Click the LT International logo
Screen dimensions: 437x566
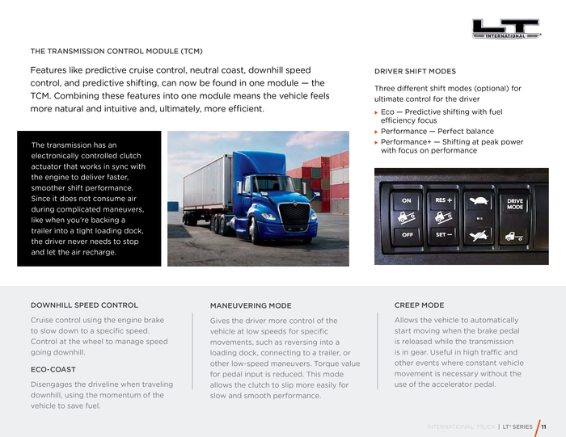(506, 29)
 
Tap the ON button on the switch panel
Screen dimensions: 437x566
(407, 201)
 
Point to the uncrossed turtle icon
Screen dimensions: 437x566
(479, 201)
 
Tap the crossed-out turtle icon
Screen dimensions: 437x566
(479, 235)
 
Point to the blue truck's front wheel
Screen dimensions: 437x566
(256, 232)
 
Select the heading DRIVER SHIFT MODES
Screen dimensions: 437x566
(415, 72)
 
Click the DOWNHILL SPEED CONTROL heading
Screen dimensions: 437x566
(84, 305)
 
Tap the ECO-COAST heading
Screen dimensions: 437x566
(53, 369)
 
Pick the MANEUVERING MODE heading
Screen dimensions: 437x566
(251, 306)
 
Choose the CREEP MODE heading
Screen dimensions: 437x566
(419, 305)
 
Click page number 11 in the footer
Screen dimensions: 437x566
(544, 426)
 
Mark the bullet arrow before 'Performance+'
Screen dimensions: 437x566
(376, 142)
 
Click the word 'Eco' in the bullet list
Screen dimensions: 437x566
(387, 111)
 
